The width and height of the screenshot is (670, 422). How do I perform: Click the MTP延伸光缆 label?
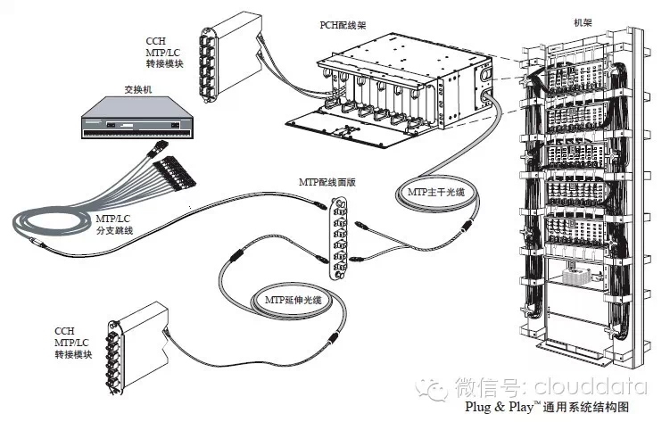(x=294, y=300)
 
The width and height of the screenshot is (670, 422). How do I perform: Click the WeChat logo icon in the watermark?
(x=436, y=387)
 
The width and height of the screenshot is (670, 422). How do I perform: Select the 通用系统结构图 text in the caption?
(x=584, y=405)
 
